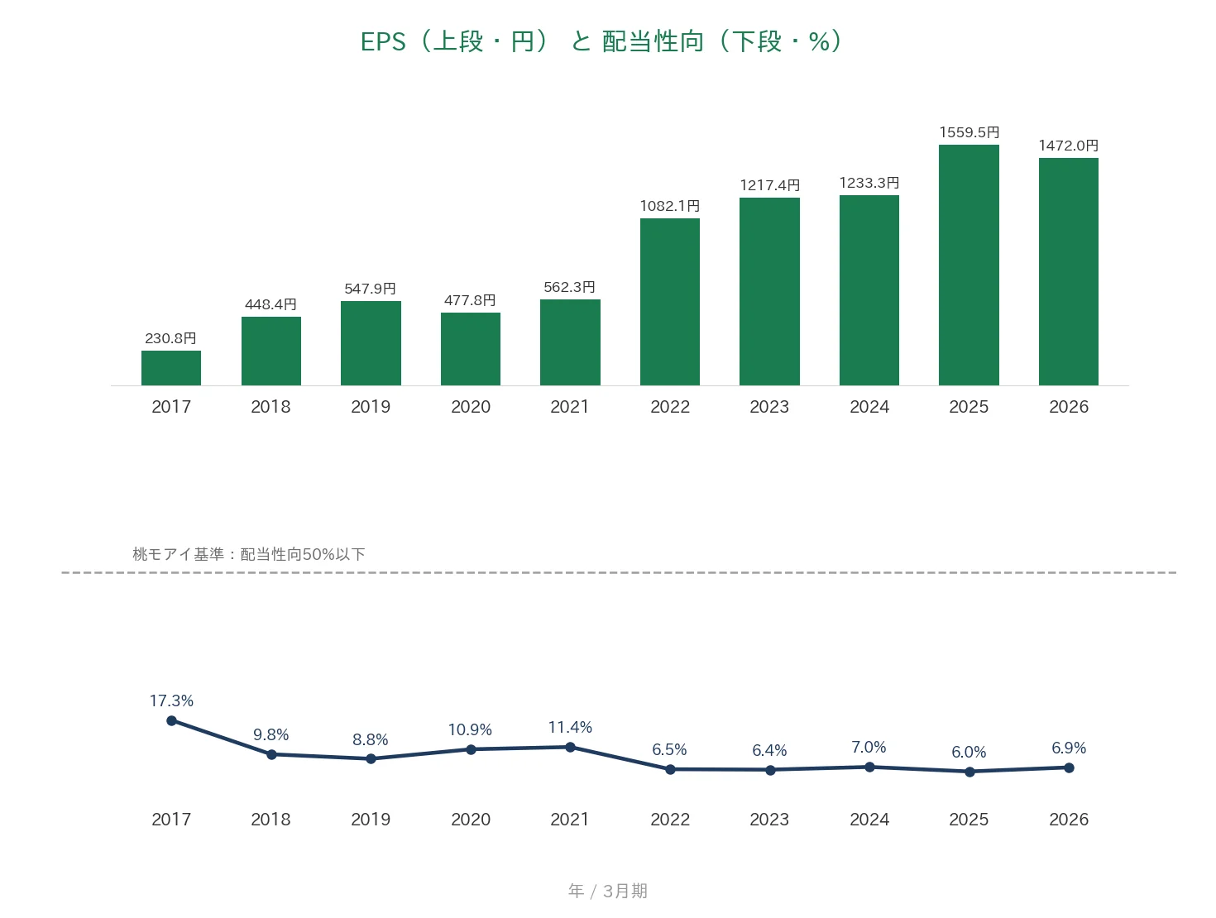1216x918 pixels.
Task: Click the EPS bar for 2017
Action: (x=170, y=368)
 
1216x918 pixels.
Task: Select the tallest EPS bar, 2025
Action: (x=969, y=265)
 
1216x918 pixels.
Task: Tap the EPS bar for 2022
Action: (x=670, y=302)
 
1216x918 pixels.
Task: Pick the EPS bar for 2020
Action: (x=471, y=349)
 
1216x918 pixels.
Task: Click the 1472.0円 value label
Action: (x=1068, y=146)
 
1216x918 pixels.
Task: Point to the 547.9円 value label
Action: (x=370, y=289)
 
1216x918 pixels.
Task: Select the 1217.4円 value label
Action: (x=769, y=185)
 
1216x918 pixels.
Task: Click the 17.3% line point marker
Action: (x=172, y=720)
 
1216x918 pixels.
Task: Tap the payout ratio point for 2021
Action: (x=570, y=747)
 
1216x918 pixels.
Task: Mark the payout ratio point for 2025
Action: (x=969, y=772)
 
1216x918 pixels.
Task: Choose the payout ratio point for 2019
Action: (x=371, y=758)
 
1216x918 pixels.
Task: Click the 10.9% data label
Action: (x=470, y=729)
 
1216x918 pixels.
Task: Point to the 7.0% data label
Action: (x=869, y=747)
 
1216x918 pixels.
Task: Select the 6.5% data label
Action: (x=669, y=749)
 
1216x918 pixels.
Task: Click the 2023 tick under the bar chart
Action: (x=769, y=406)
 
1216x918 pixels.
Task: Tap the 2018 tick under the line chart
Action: (x=270, y=819)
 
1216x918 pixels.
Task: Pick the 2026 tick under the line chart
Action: (x=1069, y=819)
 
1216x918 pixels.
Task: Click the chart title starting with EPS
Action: (x=601, y=41)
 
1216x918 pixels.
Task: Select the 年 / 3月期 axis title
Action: (x=608, y=891)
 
